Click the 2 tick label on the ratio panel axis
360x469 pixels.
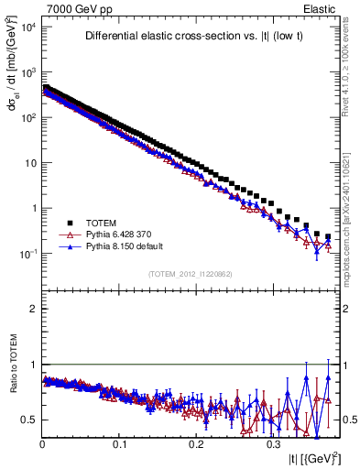pos(34,309)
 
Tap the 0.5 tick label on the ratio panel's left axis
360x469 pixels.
pos(29,420)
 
